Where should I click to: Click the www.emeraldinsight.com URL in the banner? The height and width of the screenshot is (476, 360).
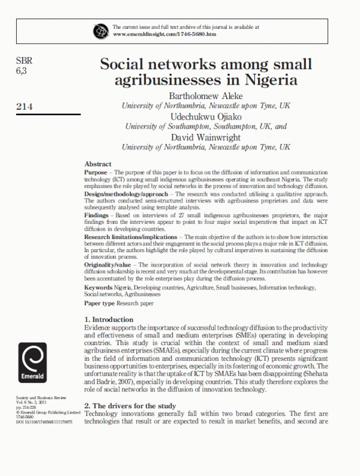point(164,34)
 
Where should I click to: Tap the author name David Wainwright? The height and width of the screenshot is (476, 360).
point(206,137)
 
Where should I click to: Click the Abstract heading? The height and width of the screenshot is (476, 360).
point(98,164)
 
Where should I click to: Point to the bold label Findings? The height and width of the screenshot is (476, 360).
point(97,214)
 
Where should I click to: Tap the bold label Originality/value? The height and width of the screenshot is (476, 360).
point(108,265)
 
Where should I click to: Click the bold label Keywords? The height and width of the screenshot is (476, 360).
point(99,288)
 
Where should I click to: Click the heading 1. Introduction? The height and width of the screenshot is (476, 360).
point(109,319)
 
